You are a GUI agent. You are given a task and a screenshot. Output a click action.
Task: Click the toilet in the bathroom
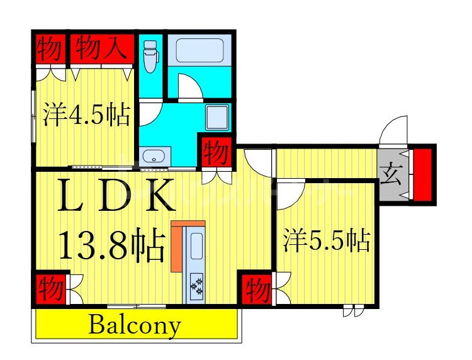click(150, 56)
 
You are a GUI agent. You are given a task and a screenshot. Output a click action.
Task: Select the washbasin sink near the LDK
click(154, 156)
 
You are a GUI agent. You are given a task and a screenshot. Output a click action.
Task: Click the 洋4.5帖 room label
click(86, 116)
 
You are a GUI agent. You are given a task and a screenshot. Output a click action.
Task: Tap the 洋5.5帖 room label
click(326, 241)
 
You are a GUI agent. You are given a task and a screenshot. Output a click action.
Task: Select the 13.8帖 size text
click(112, 245)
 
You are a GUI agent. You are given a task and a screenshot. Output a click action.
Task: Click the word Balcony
click(135, 325)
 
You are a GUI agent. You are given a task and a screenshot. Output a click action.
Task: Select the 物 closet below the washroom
click(215, 152)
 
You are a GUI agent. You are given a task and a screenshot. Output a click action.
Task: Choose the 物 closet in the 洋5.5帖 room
click(257, 291)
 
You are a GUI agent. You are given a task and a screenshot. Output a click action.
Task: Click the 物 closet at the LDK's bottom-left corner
click(50, 290)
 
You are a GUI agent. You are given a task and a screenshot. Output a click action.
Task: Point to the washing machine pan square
click(218, 117)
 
